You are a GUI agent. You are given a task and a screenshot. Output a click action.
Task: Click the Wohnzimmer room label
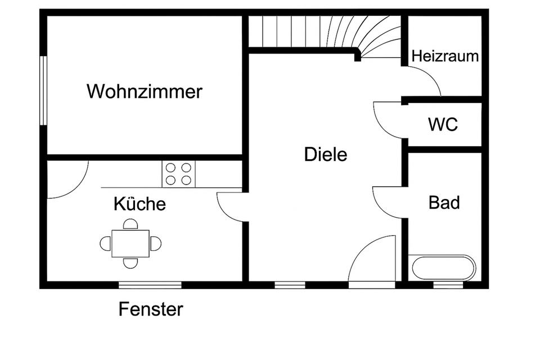[x=144, y=91]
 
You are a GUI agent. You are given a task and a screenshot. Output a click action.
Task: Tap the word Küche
[x=139, y=204]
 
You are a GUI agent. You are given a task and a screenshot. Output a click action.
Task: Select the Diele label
[x=326, y=154]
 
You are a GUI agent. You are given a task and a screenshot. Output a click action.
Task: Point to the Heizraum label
[x=445, y=56]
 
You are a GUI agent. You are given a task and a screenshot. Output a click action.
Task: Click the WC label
[x=443, y=124]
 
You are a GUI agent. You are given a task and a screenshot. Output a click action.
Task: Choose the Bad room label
[x=444, y=202]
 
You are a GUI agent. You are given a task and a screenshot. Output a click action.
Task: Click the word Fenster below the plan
[x=151, y=309]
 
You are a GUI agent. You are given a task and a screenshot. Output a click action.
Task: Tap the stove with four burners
[x=179, y=174]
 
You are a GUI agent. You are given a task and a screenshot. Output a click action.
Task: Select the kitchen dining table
[x=130, y=243]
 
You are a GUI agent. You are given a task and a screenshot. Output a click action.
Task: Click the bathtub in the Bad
[x=443, y=268]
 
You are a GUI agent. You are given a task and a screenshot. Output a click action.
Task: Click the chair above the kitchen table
[x=130, y=224]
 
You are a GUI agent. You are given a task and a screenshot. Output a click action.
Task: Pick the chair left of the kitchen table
[x=105, y=244]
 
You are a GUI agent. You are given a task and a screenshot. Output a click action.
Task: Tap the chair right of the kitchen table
[x=156, y=244]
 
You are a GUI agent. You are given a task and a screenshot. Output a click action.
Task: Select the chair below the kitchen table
[x=130, y=262]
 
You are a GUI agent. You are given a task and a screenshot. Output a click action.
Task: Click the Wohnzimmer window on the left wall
[x=43, y=90]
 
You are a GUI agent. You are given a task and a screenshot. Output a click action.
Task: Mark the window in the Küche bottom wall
[x=150, y=285]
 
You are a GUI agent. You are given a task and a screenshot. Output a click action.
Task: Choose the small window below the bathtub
[x=448, y=285]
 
